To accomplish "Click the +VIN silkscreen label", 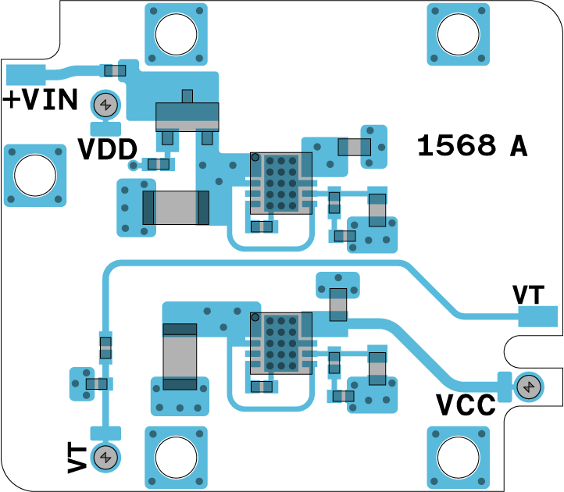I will click(x=41, y=101).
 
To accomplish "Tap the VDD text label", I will click(x=108, y=149).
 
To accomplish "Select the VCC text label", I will click(x=466, y=405).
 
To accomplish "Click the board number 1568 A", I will click(x=471, y=146).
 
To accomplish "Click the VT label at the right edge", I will click(x=529, y=294).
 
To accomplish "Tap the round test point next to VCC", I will click(x=529, y=387).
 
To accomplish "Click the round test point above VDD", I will click(x=105, y=104).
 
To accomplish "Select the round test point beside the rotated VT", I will click(x=105, y=458).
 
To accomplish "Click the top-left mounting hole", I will click(x=177, y=33).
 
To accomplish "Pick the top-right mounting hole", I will click(x=458, y=33).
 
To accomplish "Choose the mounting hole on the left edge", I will click(x=35, y=176).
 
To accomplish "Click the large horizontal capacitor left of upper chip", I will click(x=177, y=208).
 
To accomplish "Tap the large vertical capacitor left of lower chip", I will click(x=180, y=356).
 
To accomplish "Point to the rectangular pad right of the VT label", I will click(x=538, y=317).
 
